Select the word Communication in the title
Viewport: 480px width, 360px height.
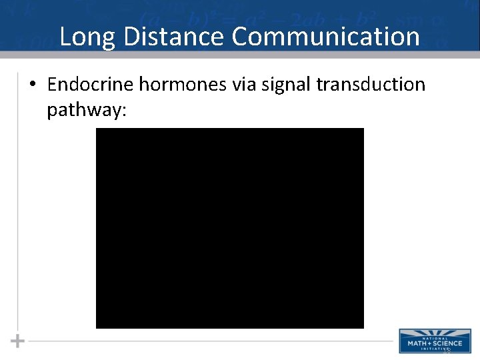pos(326,37)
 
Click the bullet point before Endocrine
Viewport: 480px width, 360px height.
pos(33,85)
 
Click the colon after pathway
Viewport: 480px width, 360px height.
pos(123,111)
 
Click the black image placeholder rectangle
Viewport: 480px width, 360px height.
pos(230,228)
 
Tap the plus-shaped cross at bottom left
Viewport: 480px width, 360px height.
pos(18,341)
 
